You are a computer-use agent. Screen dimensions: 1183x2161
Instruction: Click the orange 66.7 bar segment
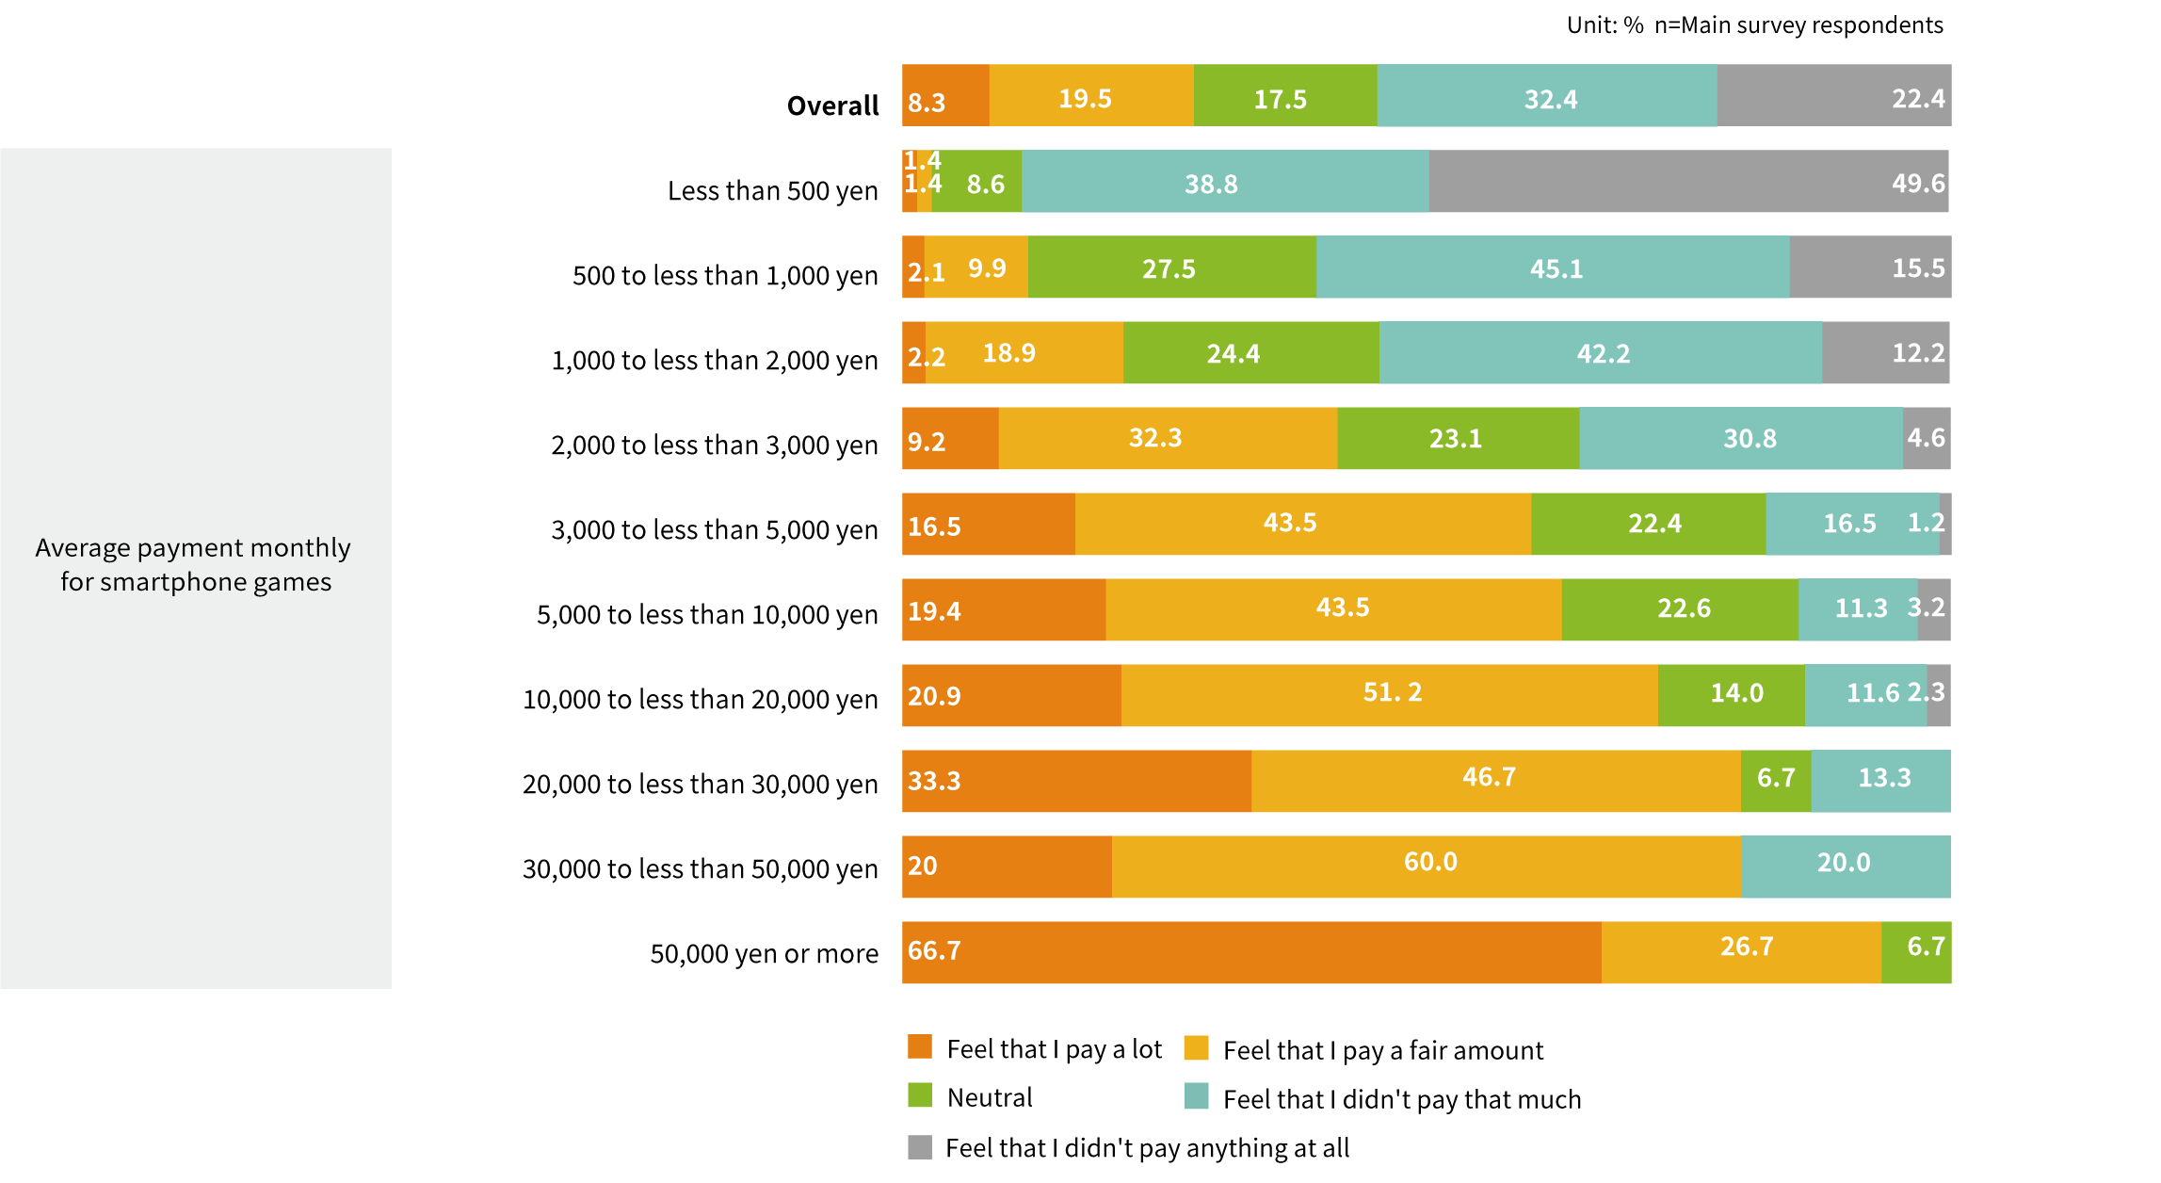tap(1251, 952)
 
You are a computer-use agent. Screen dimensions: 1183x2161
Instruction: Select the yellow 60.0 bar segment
tap(1427, 867)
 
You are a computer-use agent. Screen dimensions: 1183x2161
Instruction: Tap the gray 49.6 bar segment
tap(1688, 181)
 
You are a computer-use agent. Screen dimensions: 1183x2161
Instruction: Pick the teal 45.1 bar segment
tap(1553, 267)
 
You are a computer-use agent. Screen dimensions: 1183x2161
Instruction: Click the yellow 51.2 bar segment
tap(1390, 695)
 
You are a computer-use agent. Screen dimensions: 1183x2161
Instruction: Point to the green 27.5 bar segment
tap(1172, 267)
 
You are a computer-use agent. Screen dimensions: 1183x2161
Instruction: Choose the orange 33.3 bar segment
tap(1077, 781)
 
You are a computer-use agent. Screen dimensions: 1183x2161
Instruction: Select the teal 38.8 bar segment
tap(1225, 181)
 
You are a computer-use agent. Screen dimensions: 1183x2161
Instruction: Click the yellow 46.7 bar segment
tap(1496, 781)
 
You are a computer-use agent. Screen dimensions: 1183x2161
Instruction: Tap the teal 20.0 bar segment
tap(1846, 867)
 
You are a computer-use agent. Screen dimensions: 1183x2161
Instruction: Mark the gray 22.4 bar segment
tap(1833, 95)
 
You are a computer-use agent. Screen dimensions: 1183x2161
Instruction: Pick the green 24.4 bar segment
tap(1251, 353)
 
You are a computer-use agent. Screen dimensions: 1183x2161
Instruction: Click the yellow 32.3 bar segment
tap(1168, 439)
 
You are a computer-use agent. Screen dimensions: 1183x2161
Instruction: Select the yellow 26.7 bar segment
tap(1741, 952)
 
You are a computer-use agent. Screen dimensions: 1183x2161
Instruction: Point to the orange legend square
tap(920, 1046)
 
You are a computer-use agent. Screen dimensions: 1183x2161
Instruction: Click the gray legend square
tap(920, 1146)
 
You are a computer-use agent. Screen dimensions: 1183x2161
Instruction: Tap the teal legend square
tap(1196, 1095)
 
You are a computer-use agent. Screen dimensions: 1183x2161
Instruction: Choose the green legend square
tap(920, 1095)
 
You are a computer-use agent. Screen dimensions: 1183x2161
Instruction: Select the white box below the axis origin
tap(925, 1004)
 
